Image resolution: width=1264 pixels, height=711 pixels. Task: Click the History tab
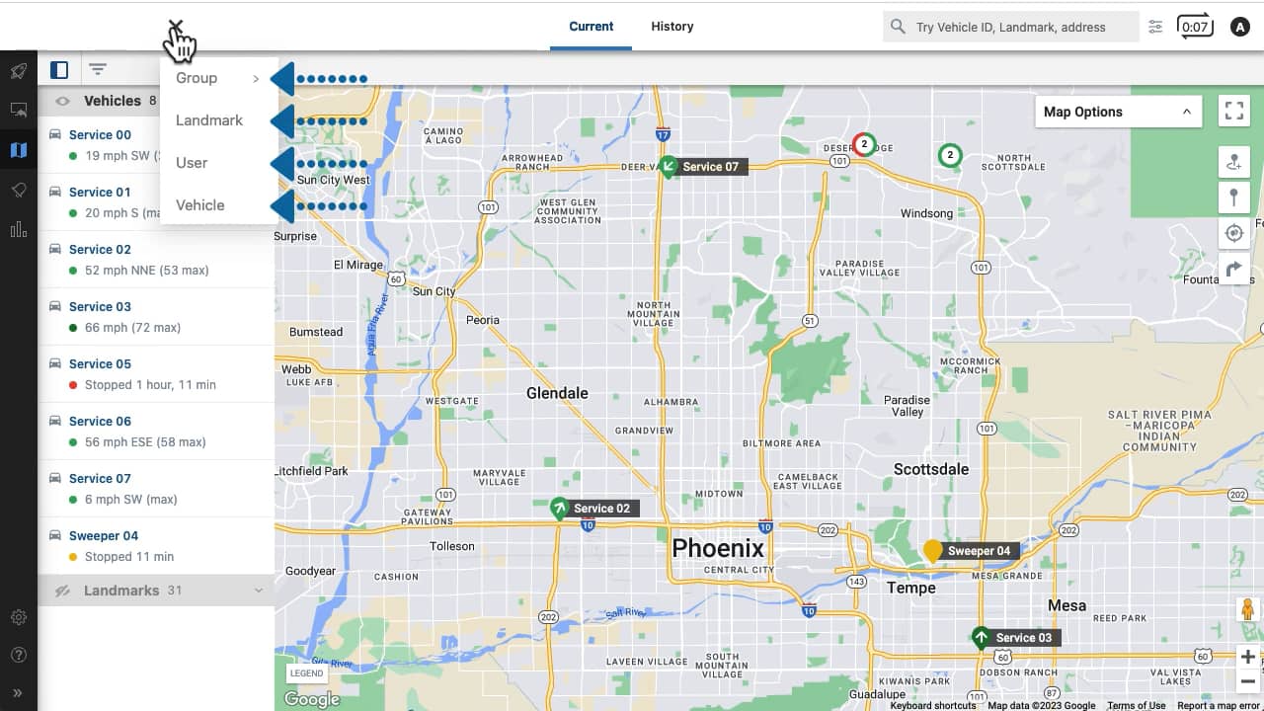[x=671, y=27]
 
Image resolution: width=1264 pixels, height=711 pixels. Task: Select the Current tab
[x=591, y=27]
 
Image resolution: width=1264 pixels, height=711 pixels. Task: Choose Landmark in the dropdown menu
[x=209, y=120]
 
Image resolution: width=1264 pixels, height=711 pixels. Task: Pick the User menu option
[x=192, y=163]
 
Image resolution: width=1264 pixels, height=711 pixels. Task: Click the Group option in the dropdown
[x=197, y=78]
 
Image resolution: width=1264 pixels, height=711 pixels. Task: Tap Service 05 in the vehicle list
[x=100, y=363]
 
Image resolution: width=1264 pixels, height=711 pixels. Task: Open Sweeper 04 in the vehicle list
[x=104, y=535]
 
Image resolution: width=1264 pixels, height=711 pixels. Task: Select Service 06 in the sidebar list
[x=100, y=421]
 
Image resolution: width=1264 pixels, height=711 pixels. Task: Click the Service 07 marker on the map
[x=669, y=166]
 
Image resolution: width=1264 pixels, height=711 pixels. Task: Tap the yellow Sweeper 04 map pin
[x=932, y=550]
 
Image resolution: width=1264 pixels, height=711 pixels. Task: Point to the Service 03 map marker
[x=981, y=637]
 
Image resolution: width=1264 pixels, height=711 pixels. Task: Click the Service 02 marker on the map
[x=560, y=509]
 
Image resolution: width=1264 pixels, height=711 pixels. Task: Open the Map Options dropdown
[x=1118, y=112]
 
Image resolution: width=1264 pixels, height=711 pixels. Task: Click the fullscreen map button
[x=1233, y=112]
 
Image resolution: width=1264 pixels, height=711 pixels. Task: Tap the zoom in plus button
[x=1248, y=657]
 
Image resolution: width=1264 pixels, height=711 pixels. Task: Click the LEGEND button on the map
[x=306, y=673]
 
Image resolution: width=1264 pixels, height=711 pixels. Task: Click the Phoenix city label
[x=718, y=548]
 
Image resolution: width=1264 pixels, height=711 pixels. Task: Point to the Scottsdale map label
[x=930, y=469]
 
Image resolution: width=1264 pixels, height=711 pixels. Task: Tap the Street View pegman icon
[x=1248, y=609]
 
